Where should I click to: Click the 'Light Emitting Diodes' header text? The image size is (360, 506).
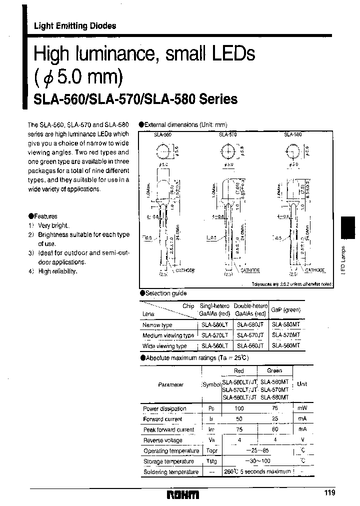click(75, 26)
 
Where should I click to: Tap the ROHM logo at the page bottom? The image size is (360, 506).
click(182, 494)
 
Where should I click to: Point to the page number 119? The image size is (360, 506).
click(330, 493)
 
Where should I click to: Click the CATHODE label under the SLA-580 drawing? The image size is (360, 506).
click(314, 270)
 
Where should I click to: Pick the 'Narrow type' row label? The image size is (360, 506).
click(157, 325)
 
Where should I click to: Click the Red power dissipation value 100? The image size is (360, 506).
click(239, 408)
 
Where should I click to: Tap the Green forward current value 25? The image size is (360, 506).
click(274, 419)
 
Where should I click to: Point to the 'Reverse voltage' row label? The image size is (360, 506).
click(162, 440)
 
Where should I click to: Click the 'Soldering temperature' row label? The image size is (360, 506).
click(170, 471)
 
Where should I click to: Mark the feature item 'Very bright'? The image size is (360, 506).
click(54, 225)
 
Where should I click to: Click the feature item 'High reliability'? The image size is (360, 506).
click(57, 271)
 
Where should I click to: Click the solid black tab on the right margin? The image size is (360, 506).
click(349, 227)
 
